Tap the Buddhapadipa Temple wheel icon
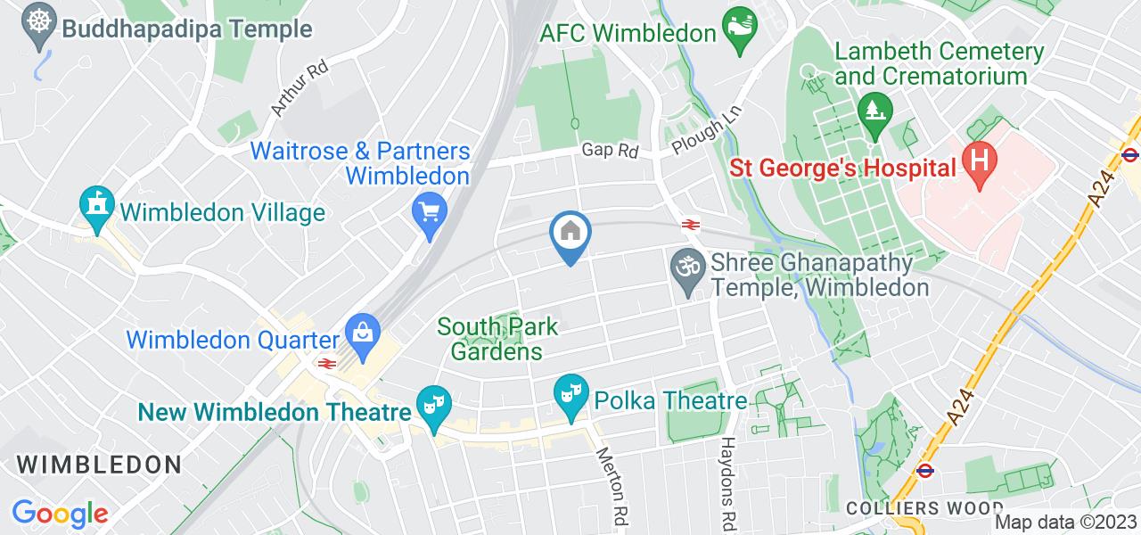click(x=38, y=21)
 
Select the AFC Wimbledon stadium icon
click(x=740, y=32)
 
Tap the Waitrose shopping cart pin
click(x=431, y=214)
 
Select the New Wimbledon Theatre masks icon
click(x=433, y=409)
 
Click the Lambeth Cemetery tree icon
click(x=874, y=111)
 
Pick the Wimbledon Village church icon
click(x=96, y=207)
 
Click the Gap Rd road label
click(x=611, y=151)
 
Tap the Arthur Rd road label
click(x=288, y=90)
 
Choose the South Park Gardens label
click(x=497, y=339)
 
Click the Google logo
click(x=59, y=513)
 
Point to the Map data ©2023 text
click(x=1066, y=523)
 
